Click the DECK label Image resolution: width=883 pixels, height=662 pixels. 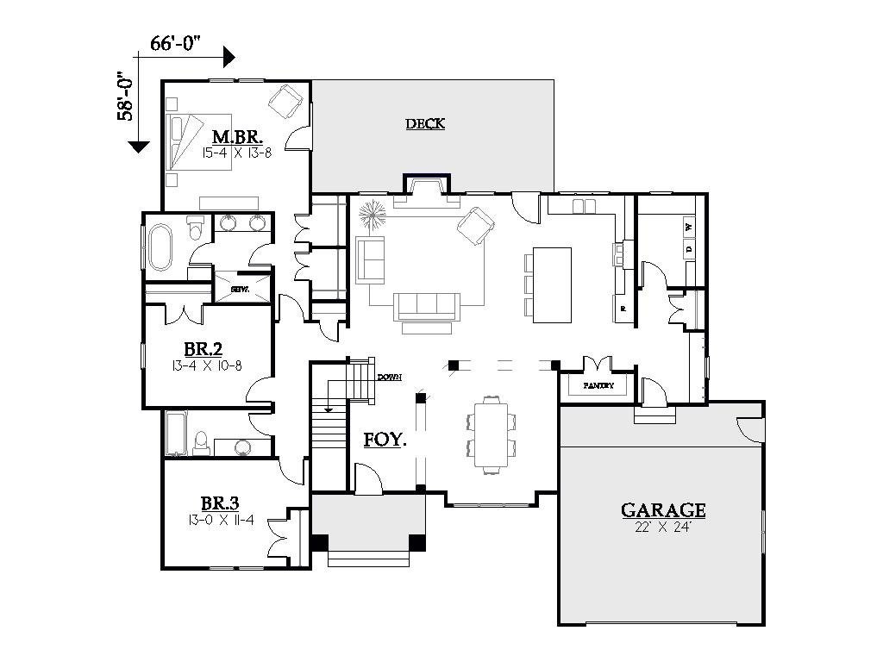425,124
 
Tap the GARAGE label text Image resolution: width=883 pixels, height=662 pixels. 663,510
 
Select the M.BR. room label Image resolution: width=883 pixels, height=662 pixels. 237,137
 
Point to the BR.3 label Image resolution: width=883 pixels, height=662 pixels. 219,503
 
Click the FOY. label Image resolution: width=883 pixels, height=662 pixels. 385,439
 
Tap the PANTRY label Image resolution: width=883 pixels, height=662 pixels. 598,386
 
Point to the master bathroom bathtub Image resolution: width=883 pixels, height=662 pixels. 160,247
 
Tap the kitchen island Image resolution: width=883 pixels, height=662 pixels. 551,284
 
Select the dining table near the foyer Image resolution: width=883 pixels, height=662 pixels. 490,434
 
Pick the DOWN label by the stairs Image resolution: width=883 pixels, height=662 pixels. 390,378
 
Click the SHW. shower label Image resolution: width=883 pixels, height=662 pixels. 241,290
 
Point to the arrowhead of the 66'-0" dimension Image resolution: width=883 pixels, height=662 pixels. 229,58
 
